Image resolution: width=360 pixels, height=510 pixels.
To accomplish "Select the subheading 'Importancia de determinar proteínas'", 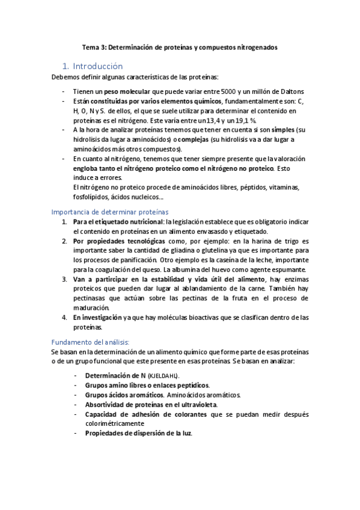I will tap(110, 212).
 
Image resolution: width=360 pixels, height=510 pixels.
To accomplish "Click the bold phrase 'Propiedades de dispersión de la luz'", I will tap(138, 434).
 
